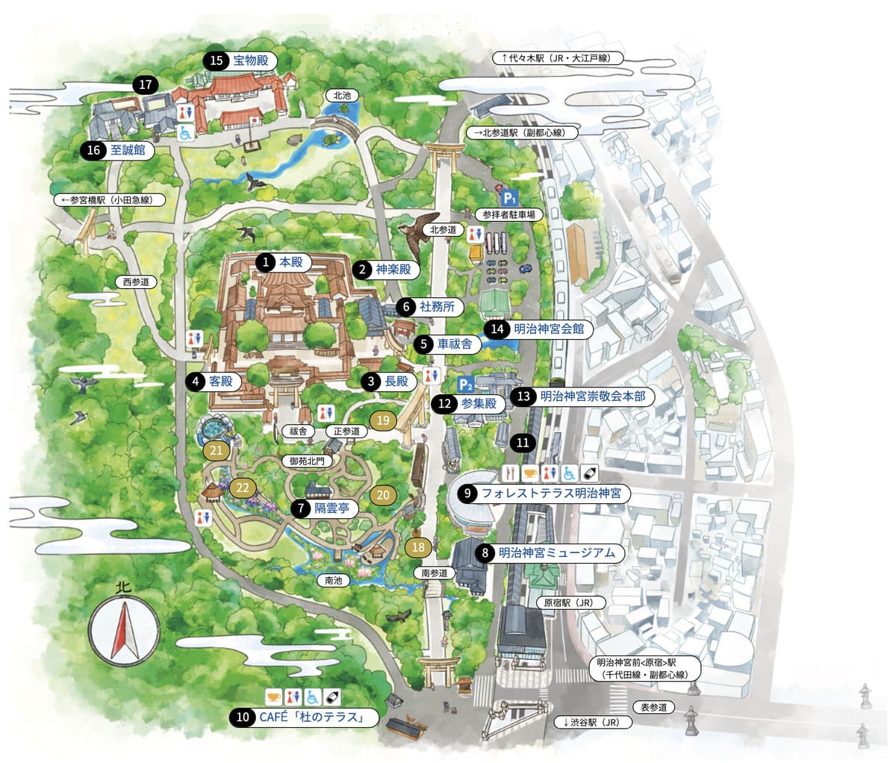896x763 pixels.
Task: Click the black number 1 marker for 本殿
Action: [x=264, y=263]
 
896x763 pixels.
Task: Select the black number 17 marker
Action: [x=145, y=84]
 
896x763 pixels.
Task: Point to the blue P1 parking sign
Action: [x=509, y=198]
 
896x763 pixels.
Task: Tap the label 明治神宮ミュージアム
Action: [x=556, y=553]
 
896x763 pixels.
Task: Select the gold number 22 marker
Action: [x=243, y=488]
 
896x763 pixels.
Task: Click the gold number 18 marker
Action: [x=418, y=547]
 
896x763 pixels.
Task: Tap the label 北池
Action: [x=342, y=96]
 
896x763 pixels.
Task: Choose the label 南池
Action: [x=332, y=580]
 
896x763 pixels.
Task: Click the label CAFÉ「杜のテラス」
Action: [x=310, y=718]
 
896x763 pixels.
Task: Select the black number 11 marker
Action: [x=523, y=443]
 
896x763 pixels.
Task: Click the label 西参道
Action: [x=137, y=282]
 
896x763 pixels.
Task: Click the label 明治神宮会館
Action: [x=548, y=328]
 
